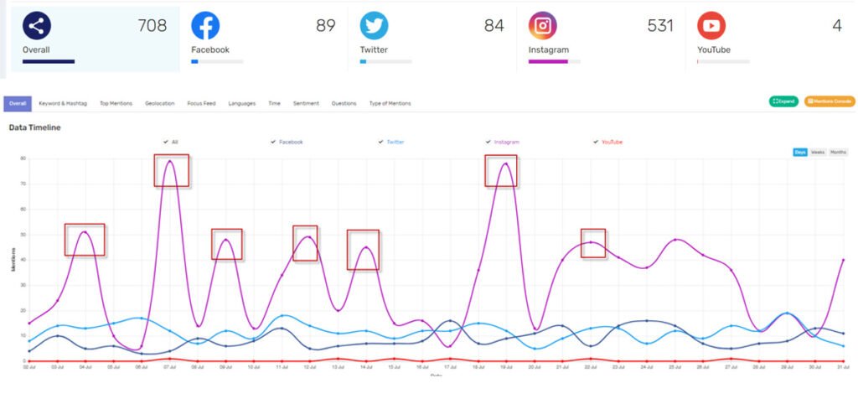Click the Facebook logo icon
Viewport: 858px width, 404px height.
click(x=205, y=26)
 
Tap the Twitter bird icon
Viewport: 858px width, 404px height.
click(x=374, y=26)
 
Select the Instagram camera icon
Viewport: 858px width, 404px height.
click(x=543, y=26)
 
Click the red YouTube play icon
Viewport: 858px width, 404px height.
click(x=711, y=26)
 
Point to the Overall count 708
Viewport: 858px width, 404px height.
click(x=152, y=26)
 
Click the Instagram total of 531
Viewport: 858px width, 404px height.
click(x=660, y=26)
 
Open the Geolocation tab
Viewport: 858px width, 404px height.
click(x=159, y=103)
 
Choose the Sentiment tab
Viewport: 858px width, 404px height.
click(x=306, y=103)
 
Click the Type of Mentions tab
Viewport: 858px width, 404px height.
click(x=390, y=103)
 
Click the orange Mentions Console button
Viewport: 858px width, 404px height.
click(x=830, y=101)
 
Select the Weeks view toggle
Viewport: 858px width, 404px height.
click(x=817, y=152)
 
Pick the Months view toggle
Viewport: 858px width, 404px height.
click(x=838, y=152)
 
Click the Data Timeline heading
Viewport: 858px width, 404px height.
click(x=34, y=127)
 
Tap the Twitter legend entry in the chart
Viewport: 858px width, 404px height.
click(x=395, y=142)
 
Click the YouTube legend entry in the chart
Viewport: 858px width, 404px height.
click(x=611, y=142)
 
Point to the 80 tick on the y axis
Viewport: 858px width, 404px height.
click(x=23, y=158)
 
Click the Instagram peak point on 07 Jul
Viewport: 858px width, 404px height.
click(x=170, y=161)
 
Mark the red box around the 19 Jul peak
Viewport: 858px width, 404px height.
click(x=501, y=170)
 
